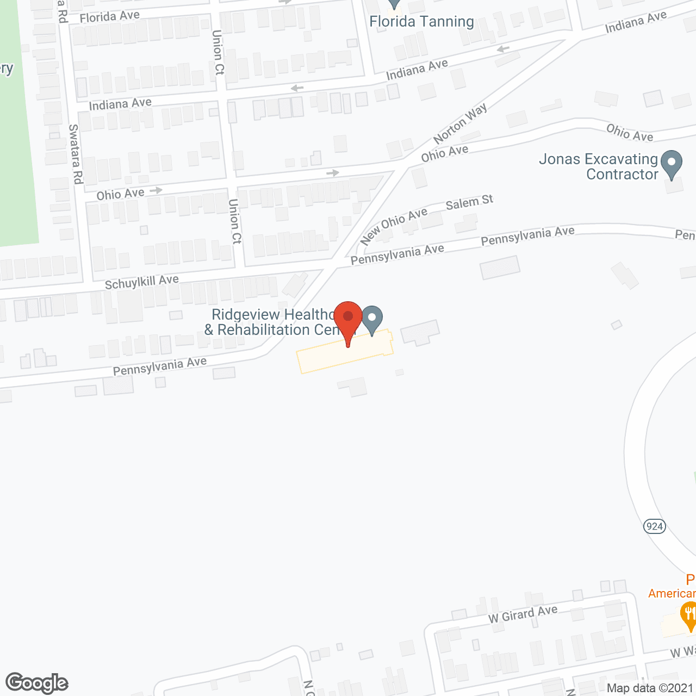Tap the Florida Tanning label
click(x=421, y=22)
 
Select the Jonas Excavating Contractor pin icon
click(x=672, y=163)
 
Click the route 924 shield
click(x=655, y=526)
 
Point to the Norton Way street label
click(x=460, y=125)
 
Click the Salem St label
click(x=469, y=203)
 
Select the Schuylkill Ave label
click(x=141, y=282)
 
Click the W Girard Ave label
click(x=523, y=614)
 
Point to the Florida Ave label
click(x=109, y=17)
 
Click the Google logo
click(x=37, y=683)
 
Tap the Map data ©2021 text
click(x=650, y=688)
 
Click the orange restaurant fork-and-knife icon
click(x=689, y=615)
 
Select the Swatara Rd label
click(x=75, y=154)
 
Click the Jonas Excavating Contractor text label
click(x=599, y=166)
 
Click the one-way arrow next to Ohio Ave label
click(x=156, y=190)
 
